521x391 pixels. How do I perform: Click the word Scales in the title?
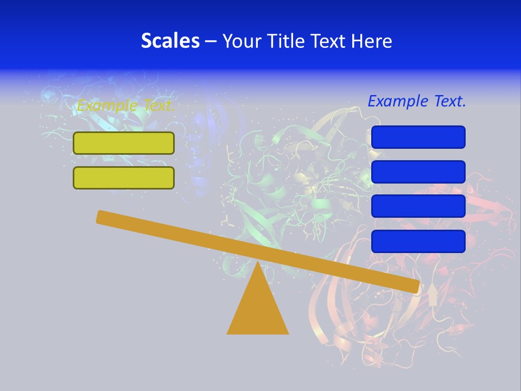point(170,41)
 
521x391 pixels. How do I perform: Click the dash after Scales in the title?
point(211,41)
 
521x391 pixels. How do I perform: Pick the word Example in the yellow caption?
point(106,105)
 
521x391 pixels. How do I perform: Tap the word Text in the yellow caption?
point(158,105)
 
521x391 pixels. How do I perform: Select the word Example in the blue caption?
point(397,101)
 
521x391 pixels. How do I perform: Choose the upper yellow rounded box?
point(124,143)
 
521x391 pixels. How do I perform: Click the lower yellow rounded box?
point(124,178)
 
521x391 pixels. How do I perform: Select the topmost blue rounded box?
point(418,137)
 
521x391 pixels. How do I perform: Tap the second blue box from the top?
point(418,172)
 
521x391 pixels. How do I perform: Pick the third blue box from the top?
point(418,206)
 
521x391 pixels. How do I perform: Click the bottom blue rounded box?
point(418,241)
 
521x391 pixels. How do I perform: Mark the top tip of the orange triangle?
point(258,263)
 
